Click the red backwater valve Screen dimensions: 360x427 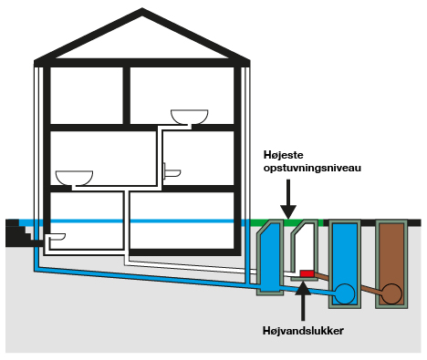pos(307,273)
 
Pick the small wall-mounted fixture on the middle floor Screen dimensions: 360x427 pos(170,170)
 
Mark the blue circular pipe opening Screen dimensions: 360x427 pos(345,294)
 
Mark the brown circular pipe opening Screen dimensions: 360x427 pos(391,294)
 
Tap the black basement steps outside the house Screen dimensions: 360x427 pos(16,235)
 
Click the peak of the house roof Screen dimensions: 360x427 pos(141,14)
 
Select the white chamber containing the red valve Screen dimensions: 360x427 pos(304,252)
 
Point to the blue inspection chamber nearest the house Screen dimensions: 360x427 pos(271,259)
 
